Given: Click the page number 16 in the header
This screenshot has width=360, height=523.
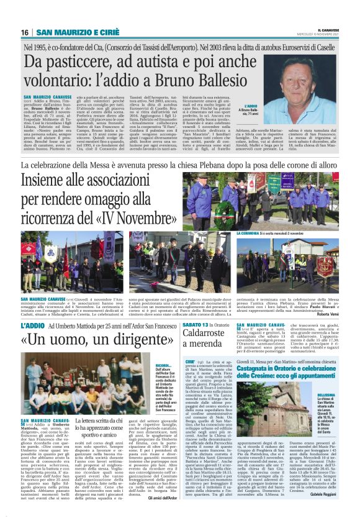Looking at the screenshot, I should click(25, 32).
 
